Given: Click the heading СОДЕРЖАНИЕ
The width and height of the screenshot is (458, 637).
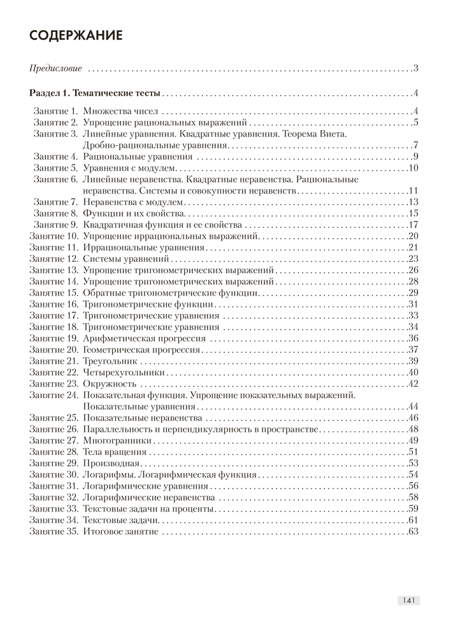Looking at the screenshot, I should tap(76, 36).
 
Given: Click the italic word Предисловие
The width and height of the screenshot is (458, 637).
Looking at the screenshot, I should tap(57, 68).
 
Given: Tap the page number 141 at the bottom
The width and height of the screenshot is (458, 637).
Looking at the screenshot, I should tap(409, 600).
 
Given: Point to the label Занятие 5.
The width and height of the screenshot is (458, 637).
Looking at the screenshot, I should tap(55, 168).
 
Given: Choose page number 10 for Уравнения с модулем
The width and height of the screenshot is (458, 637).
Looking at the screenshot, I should tap(413, 168).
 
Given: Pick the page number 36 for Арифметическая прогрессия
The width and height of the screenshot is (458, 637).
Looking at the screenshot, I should tap(412, 338).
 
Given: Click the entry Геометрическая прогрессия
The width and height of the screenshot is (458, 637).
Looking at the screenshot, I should tap(141, 349).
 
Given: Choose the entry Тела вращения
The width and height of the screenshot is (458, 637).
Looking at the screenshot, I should tap(110, 452).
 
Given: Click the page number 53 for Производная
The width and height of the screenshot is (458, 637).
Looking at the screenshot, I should tap(412, 463).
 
